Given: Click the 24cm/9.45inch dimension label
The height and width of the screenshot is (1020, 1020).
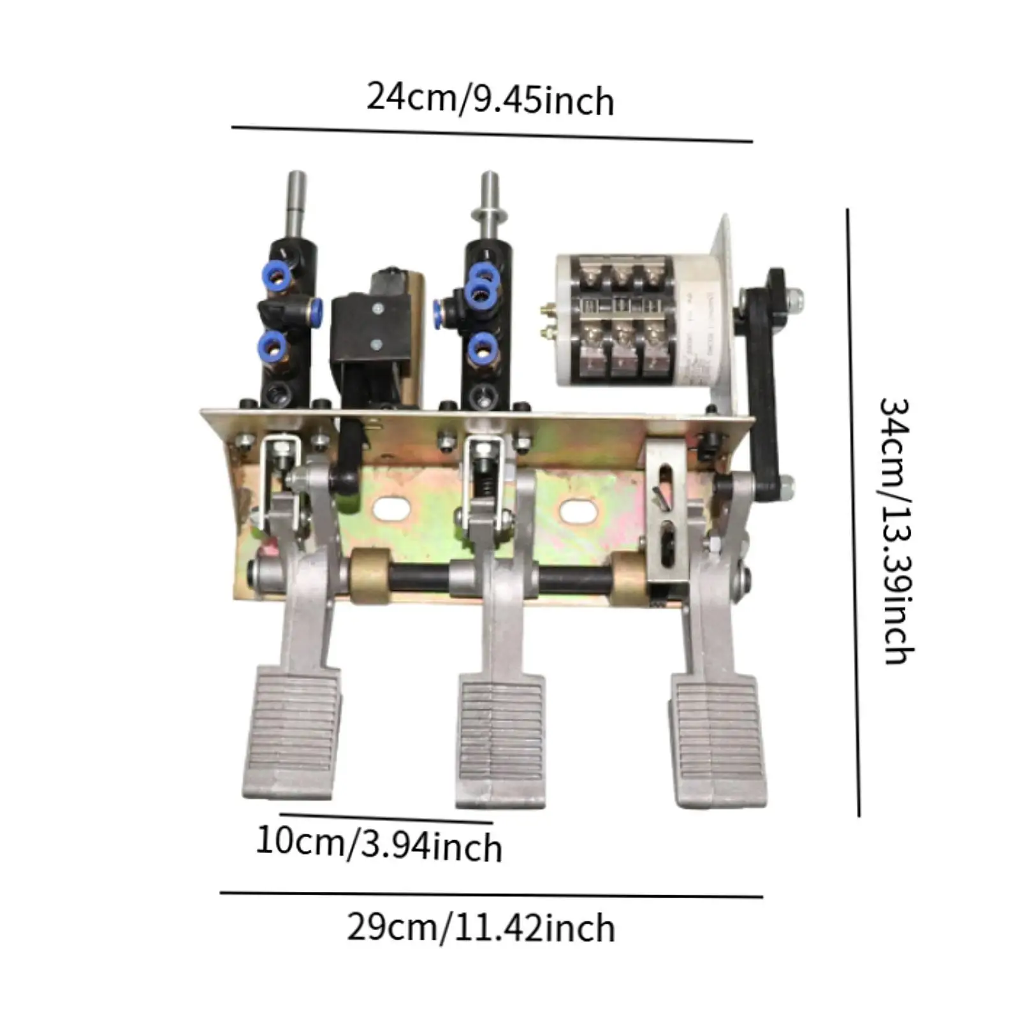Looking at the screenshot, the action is (x=490, y=100).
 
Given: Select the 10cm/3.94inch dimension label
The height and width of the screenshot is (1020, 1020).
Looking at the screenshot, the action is (x=379, y=844).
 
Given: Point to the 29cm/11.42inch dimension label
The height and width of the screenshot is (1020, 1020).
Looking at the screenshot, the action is (x=481, y=928).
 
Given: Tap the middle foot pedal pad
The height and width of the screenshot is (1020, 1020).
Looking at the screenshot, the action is (x=501, y=739).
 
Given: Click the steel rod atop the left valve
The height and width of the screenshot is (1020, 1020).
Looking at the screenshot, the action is (x=295, y=203).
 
